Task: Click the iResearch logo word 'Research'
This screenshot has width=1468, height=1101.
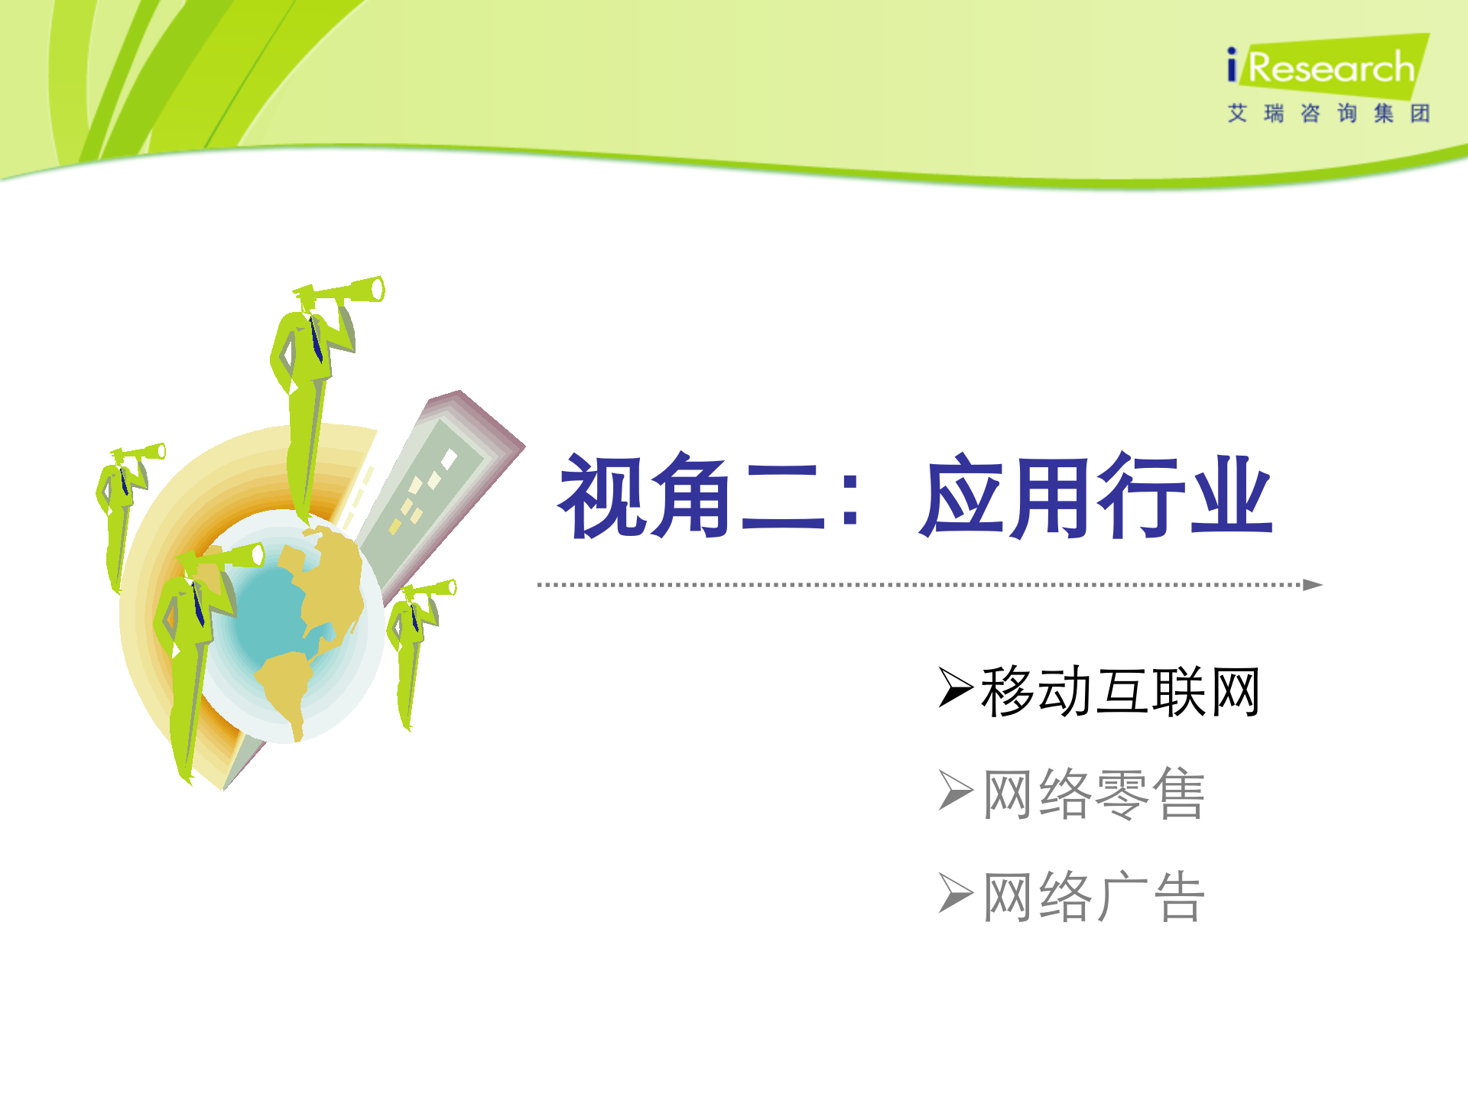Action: click(x=1331, y=68)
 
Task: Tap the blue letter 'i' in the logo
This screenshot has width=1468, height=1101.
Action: click(x=1231, y=65)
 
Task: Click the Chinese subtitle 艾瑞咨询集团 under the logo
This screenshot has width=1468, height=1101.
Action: click(x=1328, y=114)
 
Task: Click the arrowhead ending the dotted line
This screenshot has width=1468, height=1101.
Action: click(x=1312, y=585)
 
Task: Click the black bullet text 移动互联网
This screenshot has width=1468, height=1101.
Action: click(x=1119, y=691)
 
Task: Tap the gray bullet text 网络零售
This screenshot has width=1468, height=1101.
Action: click(x=1093, y=794)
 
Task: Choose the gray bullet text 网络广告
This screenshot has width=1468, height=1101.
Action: click(x=1093, y=896)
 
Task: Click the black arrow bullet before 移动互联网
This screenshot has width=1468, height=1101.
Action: click(x=955, y=687)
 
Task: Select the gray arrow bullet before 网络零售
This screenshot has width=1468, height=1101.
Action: click(x=955, y=791)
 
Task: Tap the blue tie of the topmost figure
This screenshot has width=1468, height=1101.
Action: click(x=316, y=340)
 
